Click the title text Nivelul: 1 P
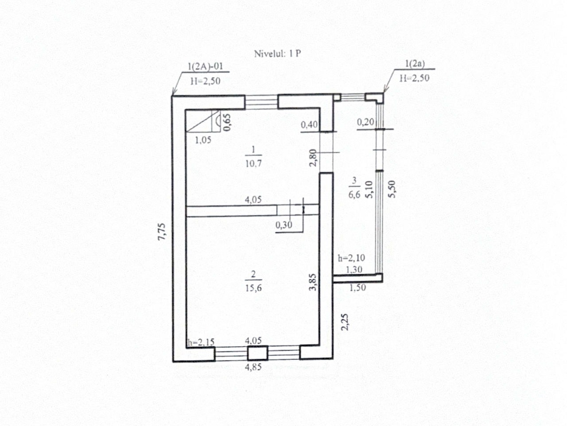277,54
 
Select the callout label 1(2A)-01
205,67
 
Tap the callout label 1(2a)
415,64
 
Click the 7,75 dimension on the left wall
161,232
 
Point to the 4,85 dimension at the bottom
253,367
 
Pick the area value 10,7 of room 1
253,163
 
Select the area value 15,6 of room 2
253,288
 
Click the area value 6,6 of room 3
354,195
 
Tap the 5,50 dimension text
392,189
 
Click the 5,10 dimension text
369,189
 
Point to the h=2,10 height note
351,258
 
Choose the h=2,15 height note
201,343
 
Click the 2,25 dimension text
345,322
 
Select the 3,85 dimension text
313,282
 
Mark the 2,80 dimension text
313,158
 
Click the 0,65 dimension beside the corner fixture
227,122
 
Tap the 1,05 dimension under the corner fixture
203,140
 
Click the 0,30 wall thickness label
283,225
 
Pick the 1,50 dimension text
357,288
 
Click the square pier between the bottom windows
257,353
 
